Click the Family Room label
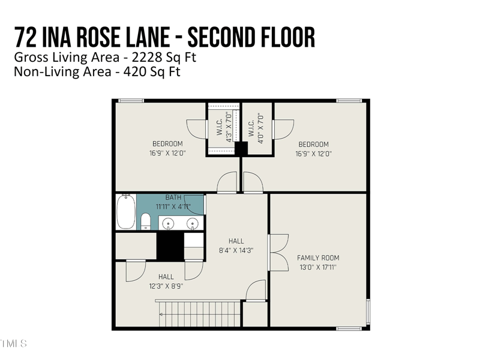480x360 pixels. (318, 258)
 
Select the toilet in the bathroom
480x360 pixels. (146, 222)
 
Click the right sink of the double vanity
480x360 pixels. (193, 223)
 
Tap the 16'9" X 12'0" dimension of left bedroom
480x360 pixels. (169, 153)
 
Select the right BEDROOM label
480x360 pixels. (313, 144)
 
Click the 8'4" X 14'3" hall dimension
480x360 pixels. (236, 250)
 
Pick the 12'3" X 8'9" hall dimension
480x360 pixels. (166, 286)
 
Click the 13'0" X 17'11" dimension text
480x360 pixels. (318, 267)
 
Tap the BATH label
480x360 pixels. (173, 197)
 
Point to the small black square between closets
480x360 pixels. (241, 149)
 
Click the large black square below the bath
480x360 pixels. (169, 245)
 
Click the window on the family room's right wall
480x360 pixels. (368, 311)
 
